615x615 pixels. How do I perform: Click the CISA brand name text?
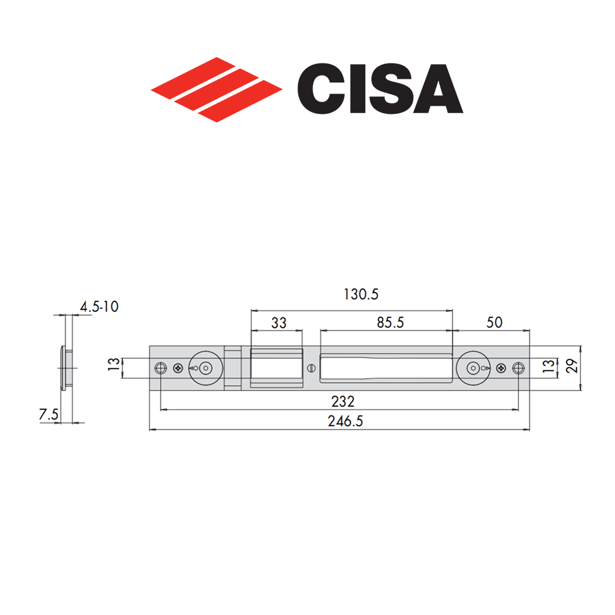coord(379,90)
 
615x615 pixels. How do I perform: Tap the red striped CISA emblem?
coord(216,90)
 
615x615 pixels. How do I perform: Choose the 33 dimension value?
coord(279,323)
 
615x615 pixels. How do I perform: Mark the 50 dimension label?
coord(494,322)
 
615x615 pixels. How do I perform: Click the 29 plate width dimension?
coord(570,368)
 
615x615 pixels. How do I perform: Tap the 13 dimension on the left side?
coord(113,368)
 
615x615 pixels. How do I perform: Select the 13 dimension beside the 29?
coord(547,368)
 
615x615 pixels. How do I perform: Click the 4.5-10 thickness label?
coord(99,306)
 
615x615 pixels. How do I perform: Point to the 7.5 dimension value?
coord(49,415)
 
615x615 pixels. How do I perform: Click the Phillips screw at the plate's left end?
coord(178,368)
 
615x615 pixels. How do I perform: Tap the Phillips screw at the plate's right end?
coord(501,368)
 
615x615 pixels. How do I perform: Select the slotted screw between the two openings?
coord(311,368)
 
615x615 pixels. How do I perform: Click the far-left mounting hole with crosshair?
coord(161,368)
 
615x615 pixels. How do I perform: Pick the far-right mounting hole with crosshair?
coord(518,368)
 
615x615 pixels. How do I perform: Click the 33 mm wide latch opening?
coord(277,368)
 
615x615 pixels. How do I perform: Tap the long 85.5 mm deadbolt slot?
coord(386,368)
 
